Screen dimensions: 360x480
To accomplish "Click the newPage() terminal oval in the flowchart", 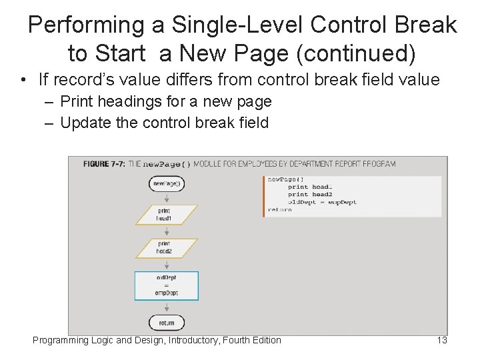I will point(167,184).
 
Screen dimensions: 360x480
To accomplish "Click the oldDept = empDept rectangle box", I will point(167,285).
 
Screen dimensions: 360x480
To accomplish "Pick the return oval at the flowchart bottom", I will point(167,323).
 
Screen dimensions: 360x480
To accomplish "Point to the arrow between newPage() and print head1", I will point(167,198).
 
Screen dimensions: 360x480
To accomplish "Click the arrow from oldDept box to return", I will point(167,307).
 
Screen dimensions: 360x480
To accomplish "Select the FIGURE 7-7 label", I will point(103,164).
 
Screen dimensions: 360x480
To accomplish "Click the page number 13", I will point(441,341).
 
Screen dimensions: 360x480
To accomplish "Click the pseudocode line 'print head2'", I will point(309,195).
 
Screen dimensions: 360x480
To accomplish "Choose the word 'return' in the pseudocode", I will point(279,209).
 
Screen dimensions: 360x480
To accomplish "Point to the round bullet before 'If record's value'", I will point(23,81).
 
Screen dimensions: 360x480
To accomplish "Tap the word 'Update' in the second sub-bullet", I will point(81,123).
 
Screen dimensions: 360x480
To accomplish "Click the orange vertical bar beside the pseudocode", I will point(264,196).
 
